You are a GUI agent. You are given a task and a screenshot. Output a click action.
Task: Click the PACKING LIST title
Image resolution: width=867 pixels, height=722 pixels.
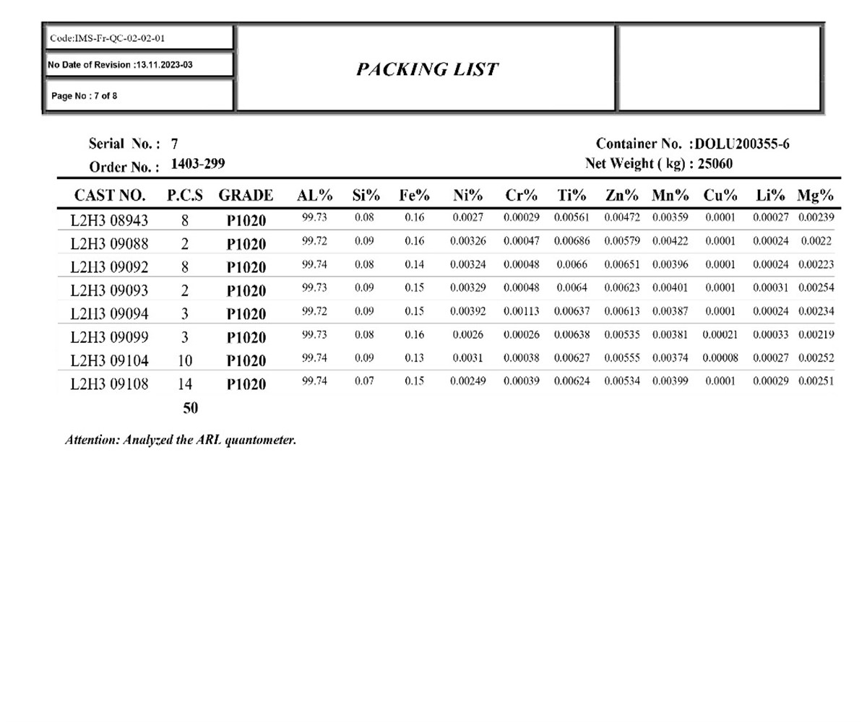pyautogui.click(x=426, y=69)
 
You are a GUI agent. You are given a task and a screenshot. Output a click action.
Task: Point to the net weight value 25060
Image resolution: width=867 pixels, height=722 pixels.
pyautogui.click(x=715, y=164)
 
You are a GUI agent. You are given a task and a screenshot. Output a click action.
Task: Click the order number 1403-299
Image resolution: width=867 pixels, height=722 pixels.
pyautogui.click(x=197, y=165)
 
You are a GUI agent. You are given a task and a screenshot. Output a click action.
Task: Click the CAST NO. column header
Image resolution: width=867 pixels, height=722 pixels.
pyautogui.click(x=110, y=196)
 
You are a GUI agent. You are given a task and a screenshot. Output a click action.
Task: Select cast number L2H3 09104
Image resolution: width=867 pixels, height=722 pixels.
pyautogui.click(x=109, y=361)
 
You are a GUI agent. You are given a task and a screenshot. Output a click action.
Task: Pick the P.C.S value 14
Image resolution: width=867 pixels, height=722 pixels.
pyautogui.click(x=184, y=384)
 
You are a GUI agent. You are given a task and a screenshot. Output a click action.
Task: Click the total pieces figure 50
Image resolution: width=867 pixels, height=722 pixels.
pyautogui.click(x=190, y=408)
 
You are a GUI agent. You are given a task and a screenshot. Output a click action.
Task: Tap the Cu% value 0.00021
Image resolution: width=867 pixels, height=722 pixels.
pyautogui.click(x=720, y=335)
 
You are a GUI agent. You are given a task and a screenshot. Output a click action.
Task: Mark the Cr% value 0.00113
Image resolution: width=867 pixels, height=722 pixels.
pyautogui.click(x=521, y=312)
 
